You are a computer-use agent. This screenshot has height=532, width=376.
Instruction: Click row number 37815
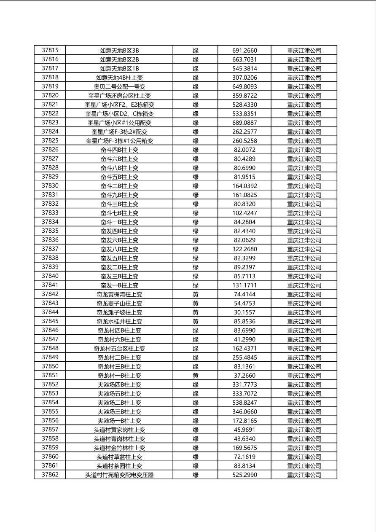click(50, 50)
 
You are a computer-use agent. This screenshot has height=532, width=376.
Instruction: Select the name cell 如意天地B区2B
click(119, 59)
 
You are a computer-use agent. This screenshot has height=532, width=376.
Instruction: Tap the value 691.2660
click(244, 51)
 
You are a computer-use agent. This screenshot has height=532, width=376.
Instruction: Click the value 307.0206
click(244, 78)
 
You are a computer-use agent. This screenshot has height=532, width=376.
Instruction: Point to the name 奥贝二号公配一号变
click(119, 86)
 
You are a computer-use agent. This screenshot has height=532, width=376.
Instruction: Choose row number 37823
click(50, 123)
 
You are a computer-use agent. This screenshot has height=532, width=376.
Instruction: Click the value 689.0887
click(244, 123)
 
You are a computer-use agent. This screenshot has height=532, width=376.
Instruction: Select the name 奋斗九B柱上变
click(119, 195)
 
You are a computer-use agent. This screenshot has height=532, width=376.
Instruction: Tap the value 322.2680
click(244, 249)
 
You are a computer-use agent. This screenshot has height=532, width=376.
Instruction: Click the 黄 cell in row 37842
click(196, 294)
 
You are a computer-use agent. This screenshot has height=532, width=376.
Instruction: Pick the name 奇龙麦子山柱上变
click(119, 303)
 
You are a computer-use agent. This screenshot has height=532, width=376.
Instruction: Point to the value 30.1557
click(244, 312)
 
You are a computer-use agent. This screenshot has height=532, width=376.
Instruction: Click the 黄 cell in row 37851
click(196, 376)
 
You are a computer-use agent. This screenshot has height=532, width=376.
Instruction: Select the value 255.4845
click(244, 357)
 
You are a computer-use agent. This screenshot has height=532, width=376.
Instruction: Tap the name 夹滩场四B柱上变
click(119, 384)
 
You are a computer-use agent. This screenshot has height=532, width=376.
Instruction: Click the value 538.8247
click(244, 403)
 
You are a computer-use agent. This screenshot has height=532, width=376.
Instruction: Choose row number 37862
click(50, 475)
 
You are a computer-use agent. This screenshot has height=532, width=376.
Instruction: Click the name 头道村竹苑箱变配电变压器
click(119, 475)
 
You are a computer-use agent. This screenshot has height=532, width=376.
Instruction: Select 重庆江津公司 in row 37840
click(304, 276)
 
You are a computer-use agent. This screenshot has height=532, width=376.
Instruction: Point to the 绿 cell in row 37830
click(196, 186)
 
